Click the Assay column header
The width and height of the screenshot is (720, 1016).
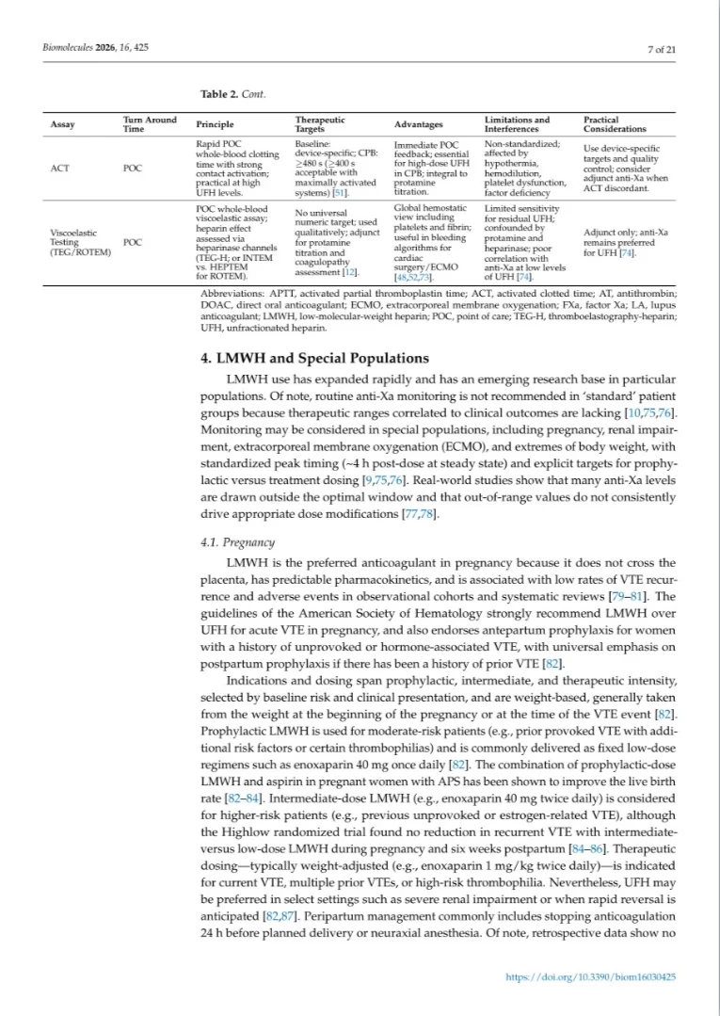click(62, 124)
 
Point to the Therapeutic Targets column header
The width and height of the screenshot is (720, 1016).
click(320, 124)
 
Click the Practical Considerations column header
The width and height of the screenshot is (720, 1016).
click(615, 124)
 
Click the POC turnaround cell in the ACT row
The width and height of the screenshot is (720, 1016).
click(133, 169)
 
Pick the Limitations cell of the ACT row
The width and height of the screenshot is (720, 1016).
click(523, 169)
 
